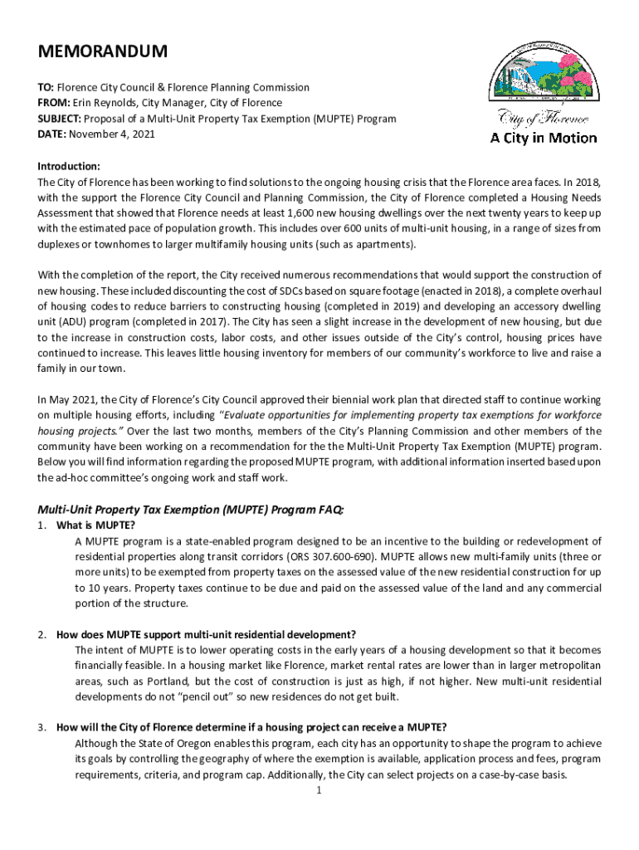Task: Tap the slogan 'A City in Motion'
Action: [543, 138]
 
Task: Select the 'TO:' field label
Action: [46, 87]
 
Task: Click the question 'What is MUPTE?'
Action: [95, 525]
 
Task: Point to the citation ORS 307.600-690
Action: [355, 557]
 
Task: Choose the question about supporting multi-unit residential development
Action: [206, 635]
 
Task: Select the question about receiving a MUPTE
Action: [251, 728]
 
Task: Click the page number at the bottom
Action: [319, 790]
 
